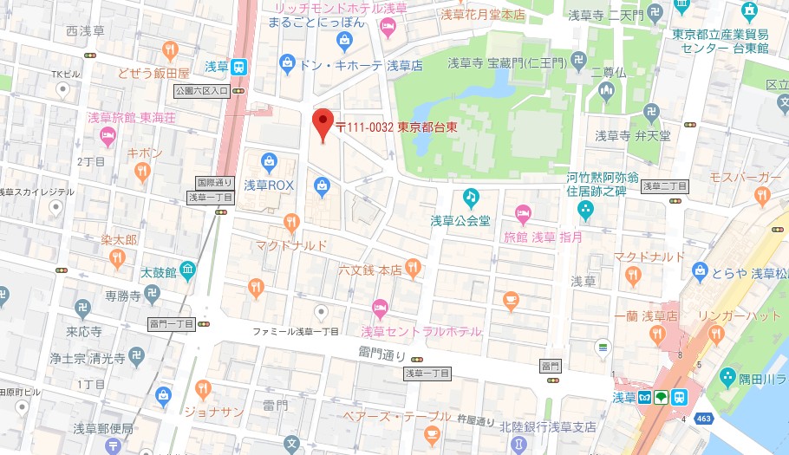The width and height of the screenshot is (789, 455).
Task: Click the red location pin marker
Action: (323, 125)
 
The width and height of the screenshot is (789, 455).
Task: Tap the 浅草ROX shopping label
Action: (269, 185)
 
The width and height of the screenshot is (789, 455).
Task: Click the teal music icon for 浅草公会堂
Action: (471, 198)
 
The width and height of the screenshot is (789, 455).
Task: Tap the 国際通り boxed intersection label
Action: (214, 183)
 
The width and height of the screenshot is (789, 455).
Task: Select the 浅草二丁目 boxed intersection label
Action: (664, 186)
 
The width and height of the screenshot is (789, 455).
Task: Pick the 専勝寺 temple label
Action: (123, 296)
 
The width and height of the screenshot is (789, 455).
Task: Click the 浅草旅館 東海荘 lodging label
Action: (132, 117)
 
